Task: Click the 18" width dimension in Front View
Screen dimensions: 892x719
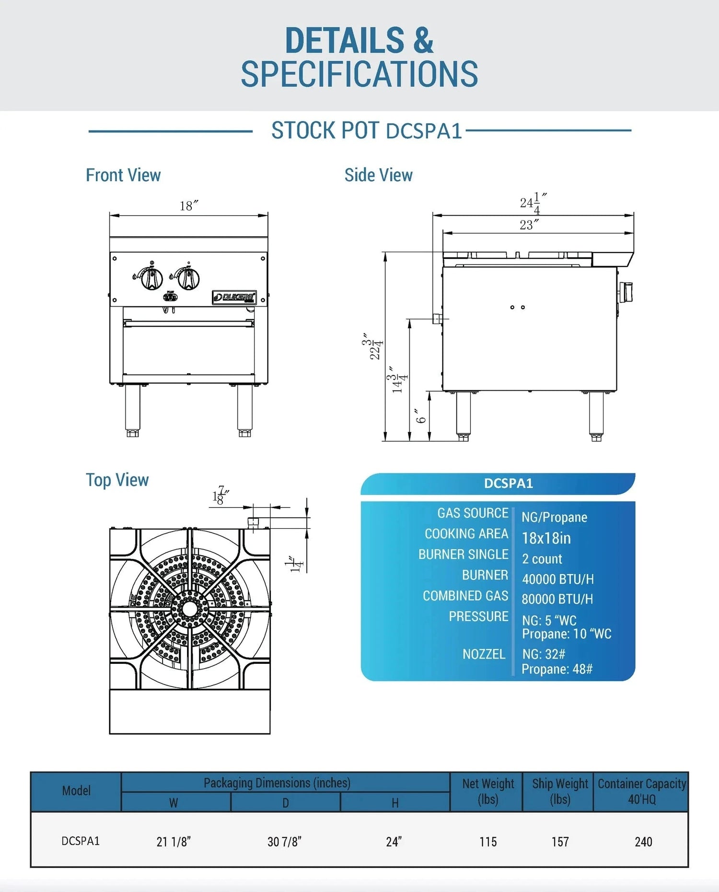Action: click(189, 206)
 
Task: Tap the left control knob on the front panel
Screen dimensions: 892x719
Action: click(151, 278)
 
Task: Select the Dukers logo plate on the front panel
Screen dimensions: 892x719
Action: click(234, 298)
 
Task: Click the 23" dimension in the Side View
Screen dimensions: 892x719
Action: click(529, 225)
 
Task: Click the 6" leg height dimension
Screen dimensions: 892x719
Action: click(420, 416)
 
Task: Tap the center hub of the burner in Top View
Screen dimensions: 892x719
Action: click(190, 609)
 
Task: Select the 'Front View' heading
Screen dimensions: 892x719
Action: click(123, 175)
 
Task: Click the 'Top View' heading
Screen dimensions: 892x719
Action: click(117, 480)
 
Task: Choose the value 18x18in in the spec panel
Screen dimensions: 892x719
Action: click(546, 538)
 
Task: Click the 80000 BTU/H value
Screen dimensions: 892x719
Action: click(557, 599)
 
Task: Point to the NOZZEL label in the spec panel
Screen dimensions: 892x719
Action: click(484, 654)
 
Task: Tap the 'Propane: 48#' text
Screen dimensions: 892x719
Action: click(557, 669)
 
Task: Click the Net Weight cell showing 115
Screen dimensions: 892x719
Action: click(488, 842)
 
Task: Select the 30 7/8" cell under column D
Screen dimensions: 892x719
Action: click(285, 842)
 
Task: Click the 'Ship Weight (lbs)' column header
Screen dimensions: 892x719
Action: click(559, 791)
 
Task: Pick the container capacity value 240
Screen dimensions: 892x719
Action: click(643, 842)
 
